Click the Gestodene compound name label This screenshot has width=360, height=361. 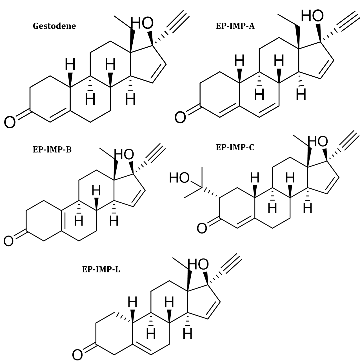point(54,26)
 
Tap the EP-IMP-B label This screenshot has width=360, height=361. point(52,149)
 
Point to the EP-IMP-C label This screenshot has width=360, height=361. point(235,147)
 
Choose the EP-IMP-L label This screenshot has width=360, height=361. point(101,269)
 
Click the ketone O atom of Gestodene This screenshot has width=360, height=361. point(10,122)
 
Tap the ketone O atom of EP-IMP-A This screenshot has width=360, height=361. point(180,117)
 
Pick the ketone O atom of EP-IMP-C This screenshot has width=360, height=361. point(202,228)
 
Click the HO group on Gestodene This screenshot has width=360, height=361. point(142,23)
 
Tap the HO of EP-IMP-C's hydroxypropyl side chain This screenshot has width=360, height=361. point(179,178)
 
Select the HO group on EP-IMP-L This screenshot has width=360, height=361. point(199,265)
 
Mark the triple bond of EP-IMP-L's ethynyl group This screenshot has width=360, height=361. point(233,265)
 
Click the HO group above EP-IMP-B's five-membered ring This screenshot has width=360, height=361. point(124,155)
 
